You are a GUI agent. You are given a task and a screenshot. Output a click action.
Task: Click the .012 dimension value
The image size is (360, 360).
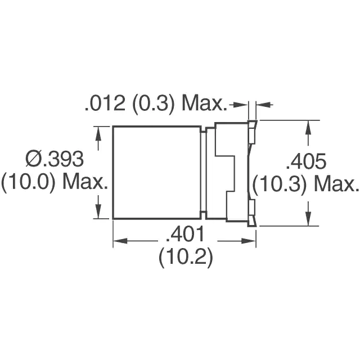point(105,103)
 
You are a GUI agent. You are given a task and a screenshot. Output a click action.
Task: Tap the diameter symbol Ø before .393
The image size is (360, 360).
point(31,159)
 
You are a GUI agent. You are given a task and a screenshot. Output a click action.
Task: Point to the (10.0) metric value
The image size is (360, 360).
point(28,182)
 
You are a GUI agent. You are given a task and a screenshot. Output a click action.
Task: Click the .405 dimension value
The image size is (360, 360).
point(306,161)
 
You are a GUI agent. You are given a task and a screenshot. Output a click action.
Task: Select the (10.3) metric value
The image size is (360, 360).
point(280,184)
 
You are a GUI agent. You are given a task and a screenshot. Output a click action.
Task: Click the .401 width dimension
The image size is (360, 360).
point(185,234)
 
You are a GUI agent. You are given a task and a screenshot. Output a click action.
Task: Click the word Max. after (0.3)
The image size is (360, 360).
point(204,103)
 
